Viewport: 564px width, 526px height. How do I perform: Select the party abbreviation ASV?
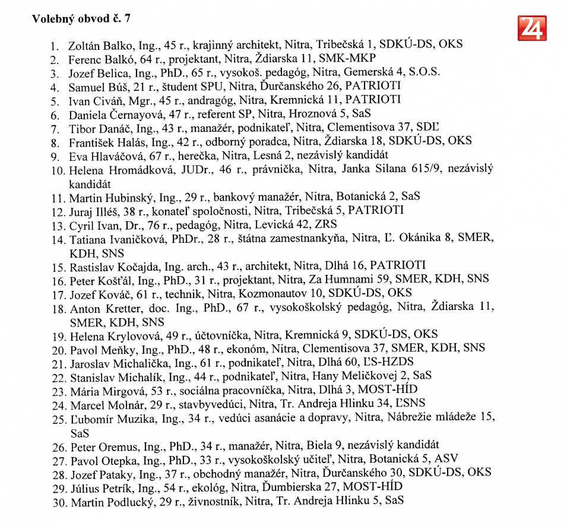click(446, 459)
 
